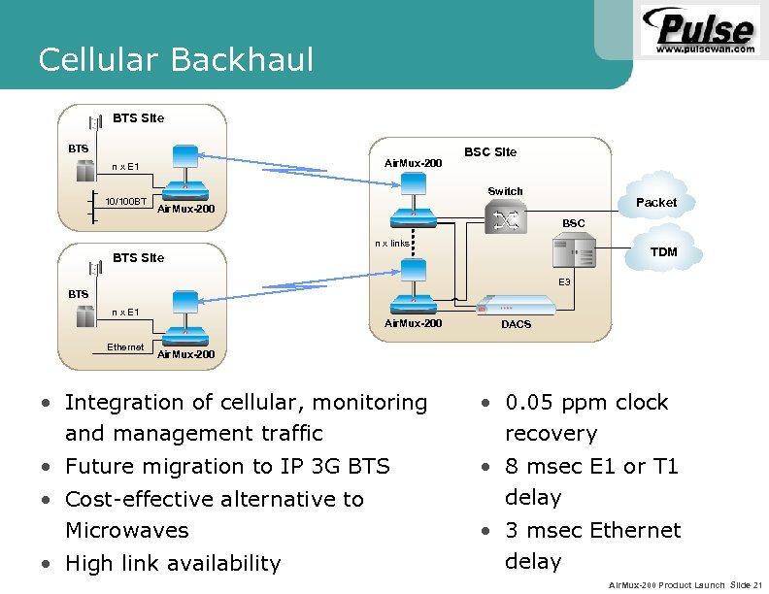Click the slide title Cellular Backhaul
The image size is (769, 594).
click(x=176, y=60)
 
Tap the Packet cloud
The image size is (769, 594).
click(x=655, y=202)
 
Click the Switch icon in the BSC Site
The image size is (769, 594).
click(x=505, y=220)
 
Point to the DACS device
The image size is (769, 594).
click(x=516, y=305)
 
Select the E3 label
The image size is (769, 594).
click(x=563, y=281)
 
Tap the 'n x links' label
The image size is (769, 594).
click(x=392, y=243)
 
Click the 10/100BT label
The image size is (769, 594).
click(x=125, y=202)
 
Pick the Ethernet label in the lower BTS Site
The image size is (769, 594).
click(x=125, y=346)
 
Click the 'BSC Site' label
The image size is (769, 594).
click(x=490, y=152)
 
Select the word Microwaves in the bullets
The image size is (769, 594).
click(x=126, y=531)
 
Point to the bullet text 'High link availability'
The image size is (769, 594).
click(x=172, y=563)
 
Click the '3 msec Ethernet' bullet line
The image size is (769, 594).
click(x=592, y=530)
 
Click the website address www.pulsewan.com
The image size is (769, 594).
click(x=705, y=49)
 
